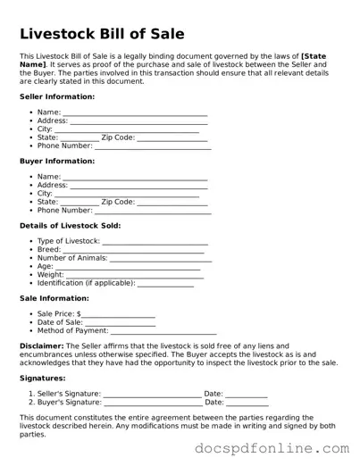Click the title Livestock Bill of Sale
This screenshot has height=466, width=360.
coord(102,34)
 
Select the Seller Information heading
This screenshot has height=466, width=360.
coord(56,96)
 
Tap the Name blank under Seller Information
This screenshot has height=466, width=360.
coord(135,113)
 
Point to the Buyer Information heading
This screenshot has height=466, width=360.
coord(56,161)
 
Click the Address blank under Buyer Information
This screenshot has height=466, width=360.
coord(138,186)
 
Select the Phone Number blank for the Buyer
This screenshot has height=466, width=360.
coord(153,211)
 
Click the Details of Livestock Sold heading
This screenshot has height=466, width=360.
coord(70,226)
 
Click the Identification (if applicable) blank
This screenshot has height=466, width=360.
coord(165,284)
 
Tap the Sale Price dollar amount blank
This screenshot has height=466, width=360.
coord(119,315)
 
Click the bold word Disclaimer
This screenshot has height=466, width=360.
coord(41,346)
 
